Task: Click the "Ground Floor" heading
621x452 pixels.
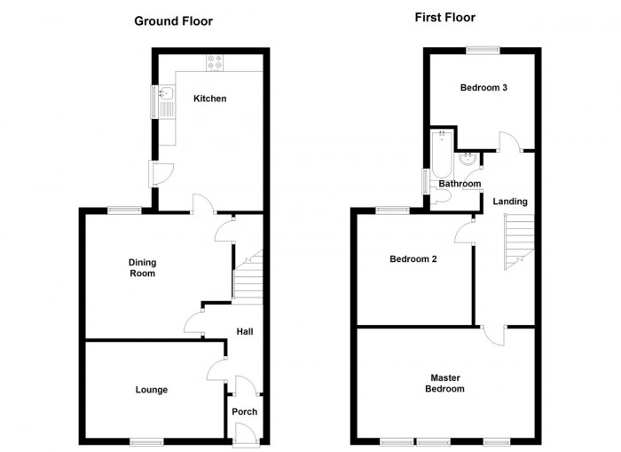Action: point(173,20)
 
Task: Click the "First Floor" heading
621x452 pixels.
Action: point(444,17)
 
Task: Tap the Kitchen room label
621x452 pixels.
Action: point(210,99)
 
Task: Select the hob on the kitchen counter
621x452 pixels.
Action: point(216,62)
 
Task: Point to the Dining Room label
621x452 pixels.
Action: point(142,267)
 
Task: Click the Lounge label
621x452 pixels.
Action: point(152,390)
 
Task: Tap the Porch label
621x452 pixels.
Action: point(244,412)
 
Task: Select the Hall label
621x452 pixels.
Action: point(245,332)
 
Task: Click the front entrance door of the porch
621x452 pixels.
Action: point(244,432)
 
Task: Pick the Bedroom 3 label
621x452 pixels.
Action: point(483,87)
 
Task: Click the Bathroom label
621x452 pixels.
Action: point(460,184)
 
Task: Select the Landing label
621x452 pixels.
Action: point(510,202)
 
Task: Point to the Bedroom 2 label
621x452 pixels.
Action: point(413,260)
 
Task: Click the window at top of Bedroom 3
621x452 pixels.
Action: point(483,50)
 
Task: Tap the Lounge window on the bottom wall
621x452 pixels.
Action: point(145,440)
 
